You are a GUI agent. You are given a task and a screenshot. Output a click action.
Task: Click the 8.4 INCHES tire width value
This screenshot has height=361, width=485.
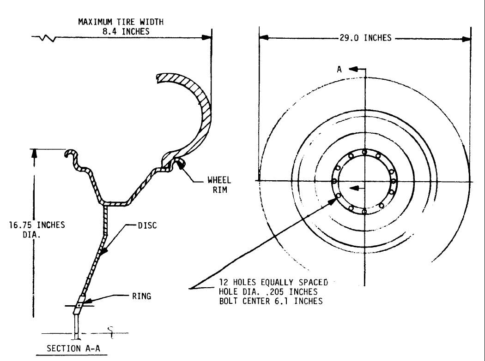(x=121, y=31)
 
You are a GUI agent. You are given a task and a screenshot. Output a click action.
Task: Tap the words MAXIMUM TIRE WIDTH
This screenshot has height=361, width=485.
(x=121, y=22)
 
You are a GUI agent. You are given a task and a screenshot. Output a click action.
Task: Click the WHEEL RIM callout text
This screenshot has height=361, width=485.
(x=219, y=184)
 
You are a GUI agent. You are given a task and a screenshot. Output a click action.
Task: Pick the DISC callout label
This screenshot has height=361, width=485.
(x=147, y=225)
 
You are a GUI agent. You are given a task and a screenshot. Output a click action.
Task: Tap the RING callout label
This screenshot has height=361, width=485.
(x=141, y=296)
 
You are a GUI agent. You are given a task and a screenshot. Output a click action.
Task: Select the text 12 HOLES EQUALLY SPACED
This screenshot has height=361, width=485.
(x=273, y=282)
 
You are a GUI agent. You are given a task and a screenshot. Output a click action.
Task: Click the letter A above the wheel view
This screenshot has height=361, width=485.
(x=339, y=69)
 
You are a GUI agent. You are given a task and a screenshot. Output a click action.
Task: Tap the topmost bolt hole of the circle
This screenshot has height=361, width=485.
(x=364, y=152)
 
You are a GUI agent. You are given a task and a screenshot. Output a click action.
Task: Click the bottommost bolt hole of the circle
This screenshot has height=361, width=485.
(x=364, y=211)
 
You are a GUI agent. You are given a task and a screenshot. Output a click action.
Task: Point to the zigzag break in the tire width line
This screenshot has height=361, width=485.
(x=48, y=38)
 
